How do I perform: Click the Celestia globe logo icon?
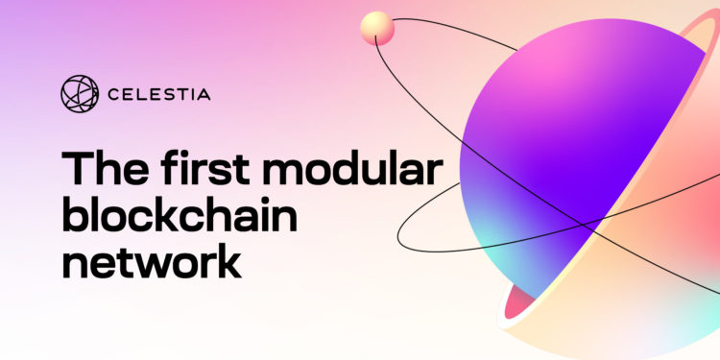(80, 93)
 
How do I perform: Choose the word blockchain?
(180, 215)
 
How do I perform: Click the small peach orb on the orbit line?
(376, 28)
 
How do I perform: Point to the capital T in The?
(78, 170)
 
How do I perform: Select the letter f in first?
(171, 170)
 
